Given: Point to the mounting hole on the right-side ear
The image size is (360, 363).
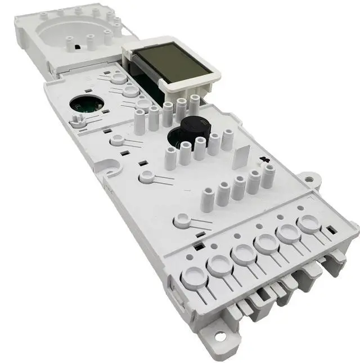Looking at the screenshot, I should tap(309, 179).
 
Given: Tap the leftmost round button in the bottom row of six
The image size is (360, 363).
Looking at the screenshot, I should tap(192, 276).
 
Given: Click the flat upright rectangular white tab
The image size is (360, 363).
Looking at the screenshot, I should tap(241, 154).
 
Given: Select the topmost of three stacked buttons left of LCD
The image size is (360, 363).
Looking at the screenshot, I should tap(119, 78).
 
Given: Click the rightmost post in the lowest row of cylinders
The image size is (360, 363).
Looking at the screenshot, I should tap(268, 176).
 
